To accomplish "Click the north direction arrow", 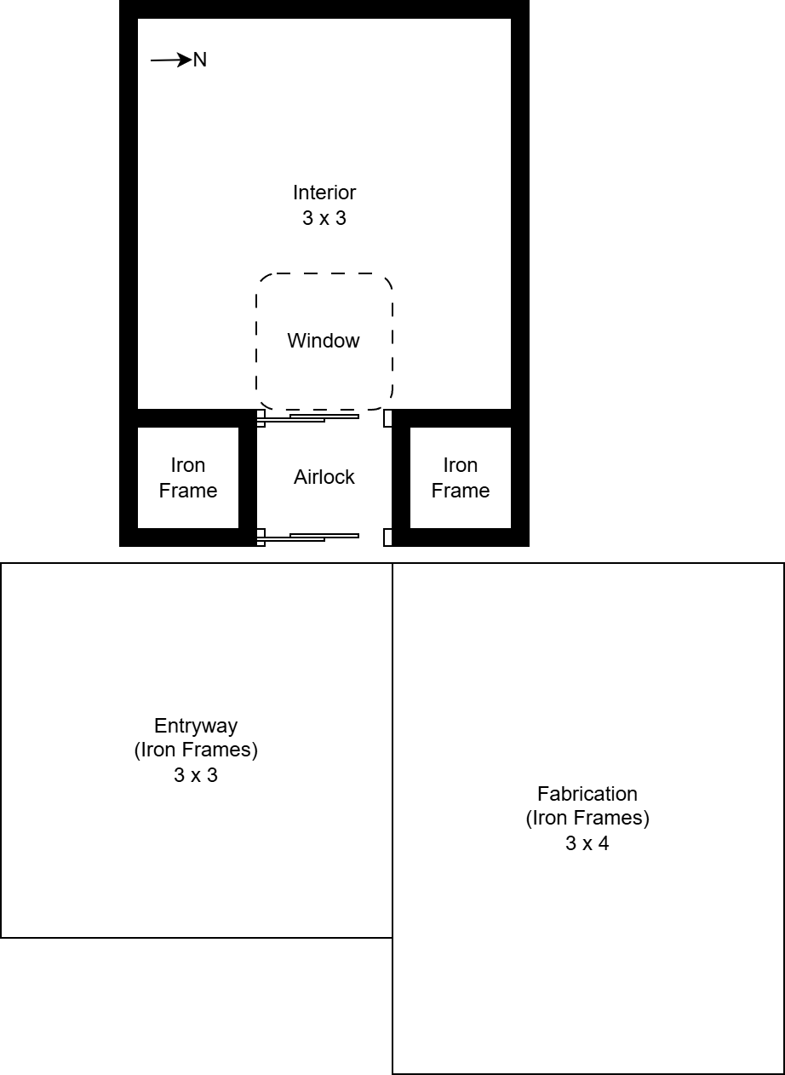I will pyautogui.click(x=170, y=60).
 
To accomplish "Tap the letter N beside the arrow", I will pyautogui.click(x=200, y=60).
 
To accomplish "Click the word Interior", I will pyautogui.click(x=324, y=193).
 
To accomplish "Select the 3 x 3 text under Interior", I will pyautogui.click(x=324, y=218).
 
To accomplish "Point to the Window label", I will pyautogui.click(x=324, y=341).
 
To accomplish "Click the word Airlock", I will pyautogui.click(x=324, y=477).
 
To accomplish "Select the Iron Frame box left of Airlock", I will pyautogui.click(x=188, y=478).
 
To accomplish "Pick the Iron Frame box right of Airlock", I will pyautogui.click(x=461, y=478).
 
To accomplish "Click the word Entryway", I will pyautogui.click(x=196, y=726).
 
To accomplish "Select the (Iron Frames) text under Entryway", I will pyautogui.click(x=196, y=750).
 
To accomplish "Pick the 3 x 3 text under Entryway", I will pyautogui.click(x=196, y=776).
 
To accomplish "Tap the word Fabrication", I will pyautogui.click(x=587, y=794).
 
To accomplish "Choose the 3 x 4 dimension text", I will pyautogui.click(x=587, y=844).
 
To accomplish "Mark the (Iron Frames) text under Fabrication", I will pyautogui.click(x=587, y=819).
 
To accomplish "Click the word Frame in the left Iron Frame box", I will pyautogui.click(x=188, y=491).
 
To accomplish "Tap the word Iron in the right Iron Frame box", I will pyautogui.click(x=461, y=465).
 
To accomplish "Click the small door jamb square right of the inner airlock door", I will pyautogui.click(x=387, y=418).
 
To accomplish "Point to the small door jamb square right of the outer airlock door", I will pyautogui.click(x=387, y=537).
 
